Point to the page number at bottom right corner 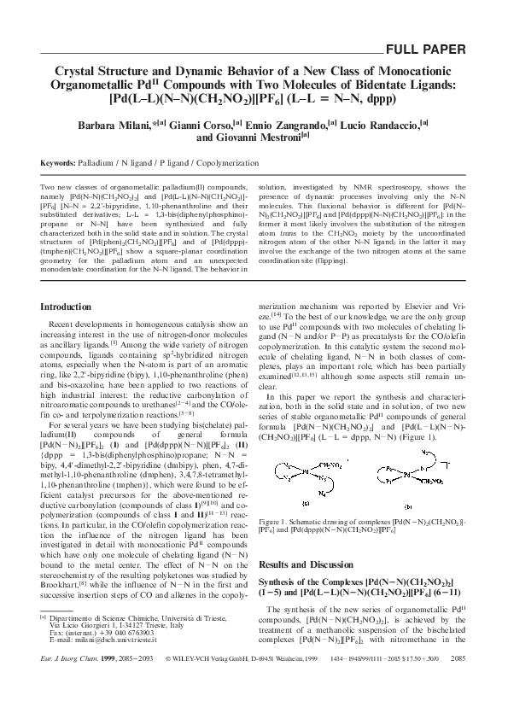coord(456,684)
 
